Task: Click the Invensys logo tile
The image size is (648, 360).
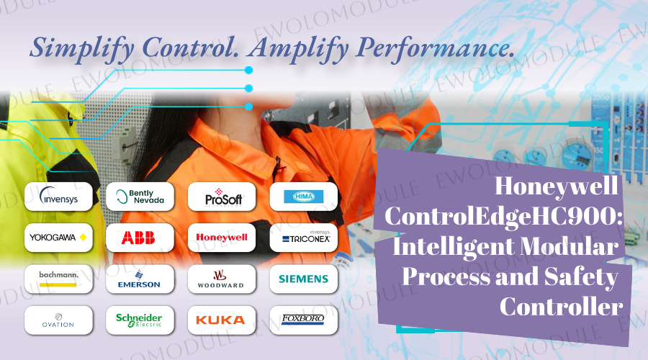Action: click(x=58, y=196)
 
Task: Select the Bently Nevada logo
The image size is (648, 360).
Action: click(x=140, y=196)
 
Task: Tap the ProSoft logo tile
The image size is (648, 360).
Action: click(x=222, y=196)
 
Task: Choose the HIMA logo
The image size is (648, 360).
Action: click(x=303, y=196)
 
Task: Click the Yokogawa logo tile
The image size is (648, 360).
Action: click(x=58, y=237)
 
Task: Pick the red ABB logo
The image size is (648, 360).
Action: click(x=140, y=237)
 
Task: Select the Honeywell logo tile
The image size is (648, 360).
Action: click(x=222, y=237)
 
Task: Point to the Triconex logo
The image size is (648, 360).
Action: click(x=303, y=237)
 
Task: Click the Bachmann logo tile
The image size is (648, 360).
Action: click(x=58, y=279)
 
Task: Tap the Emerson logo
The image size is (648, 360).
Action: click(x=140, y=279)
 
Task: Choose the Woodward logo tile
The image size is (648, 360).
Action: click(x=222, y=279)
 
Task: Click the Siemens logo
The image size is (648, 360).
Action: click(x=303, y=279)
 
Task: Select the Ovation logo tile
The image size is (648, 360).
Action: click(x=58, y=320)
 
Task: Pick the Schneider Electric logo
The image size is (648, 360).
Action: click(x=140, y=320)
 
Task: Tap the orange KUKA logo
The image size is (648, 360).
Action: click(x=222, y=320)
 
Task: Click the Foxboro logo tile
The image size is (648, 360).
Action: click(x=303, y=320)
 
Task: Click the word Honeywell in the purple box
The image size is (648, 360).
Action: click(x=557, y=187)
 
